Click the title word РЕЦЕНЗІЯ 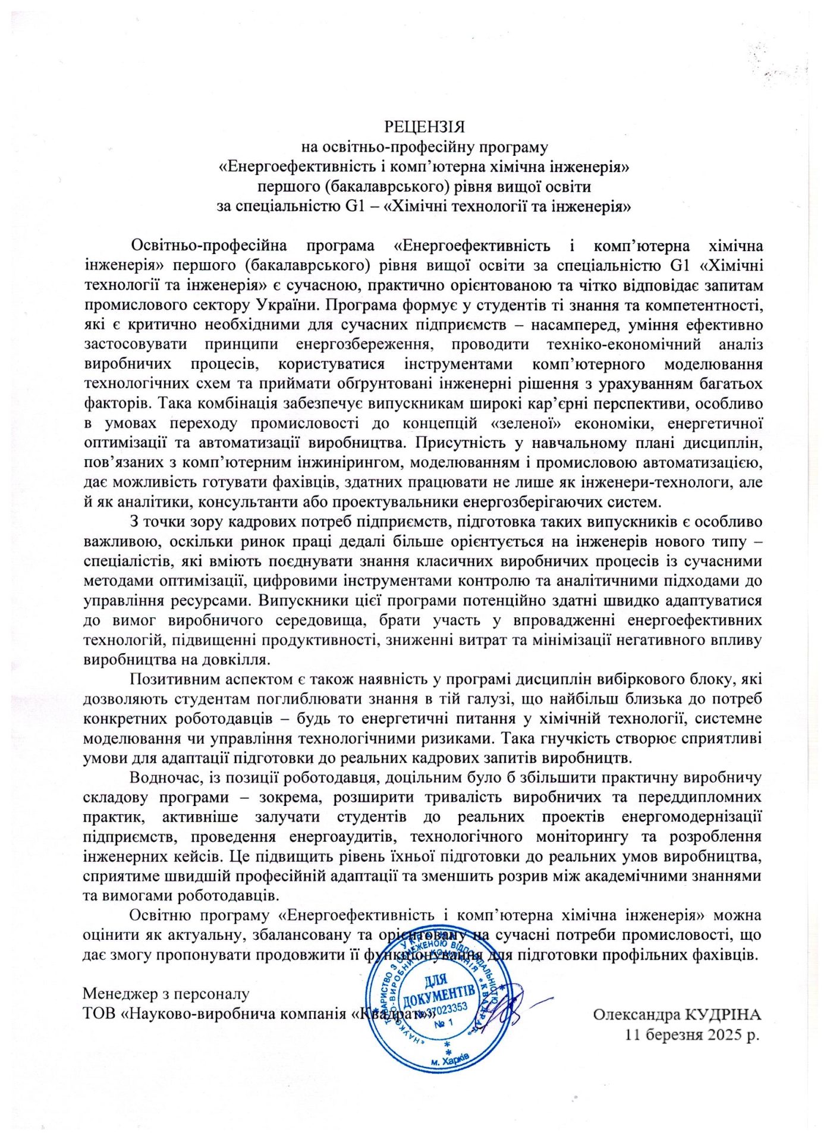click(424, 127)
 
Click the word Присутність click(458, 443)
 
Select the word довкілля click(236, 659)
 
